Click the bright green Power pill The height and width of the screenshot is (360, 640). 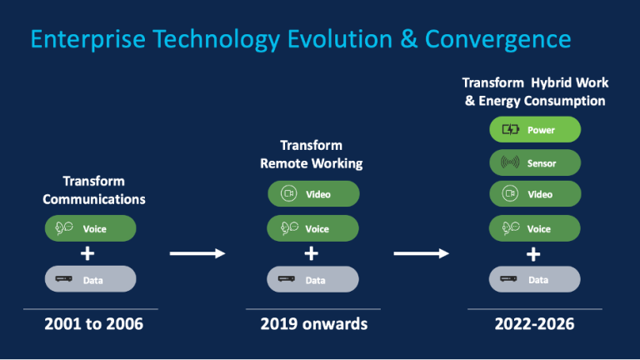tap(535, 129)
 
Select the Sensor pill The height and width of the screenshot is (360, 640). tap(535, 162)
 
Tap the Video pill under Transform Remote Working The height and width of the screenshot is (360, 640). tap(313, 194)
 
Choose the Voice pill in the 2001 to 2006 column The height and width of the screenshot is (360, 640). tap(90, 228)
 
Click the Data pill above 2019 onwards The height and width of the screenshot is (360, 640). tap(312, 279)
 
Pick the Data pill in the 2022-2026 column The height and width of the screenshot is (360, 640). tap(535, 279)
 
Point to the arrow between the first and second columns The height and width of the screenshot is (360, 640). tap(197, 253)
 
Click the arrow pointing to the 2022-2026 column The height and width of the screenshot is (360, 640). tap(421, 253)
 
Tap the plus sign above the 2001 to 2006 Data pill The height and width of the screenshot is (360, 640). tap(87, 253)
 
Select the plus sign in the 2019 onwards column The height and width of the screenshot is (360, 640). tap(312, 253)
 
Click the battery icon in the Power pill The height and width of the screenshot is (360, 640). tap(510, 129)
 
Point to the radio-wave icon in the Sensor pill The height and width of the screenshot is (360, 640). tap(510, 162)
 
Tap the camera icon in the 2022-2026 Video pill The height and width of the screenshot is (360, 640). tap(510, 193)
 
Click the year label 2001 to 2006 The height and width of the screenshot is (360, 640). tap(94, 324)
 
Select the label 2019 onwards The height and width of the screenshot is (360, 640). tap(314, 324)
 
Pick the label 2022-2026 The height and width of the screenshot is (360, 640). tap(534, 324)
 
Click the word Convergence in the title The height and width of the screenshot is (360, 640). tap(498, 40)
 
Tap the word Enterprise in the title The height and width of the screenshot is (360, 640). tap(88, 40)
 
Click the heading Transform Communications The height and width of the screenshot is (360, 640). tap(94, 190)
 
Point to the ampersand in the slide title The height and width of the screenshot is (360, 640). tap(408, 39)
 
